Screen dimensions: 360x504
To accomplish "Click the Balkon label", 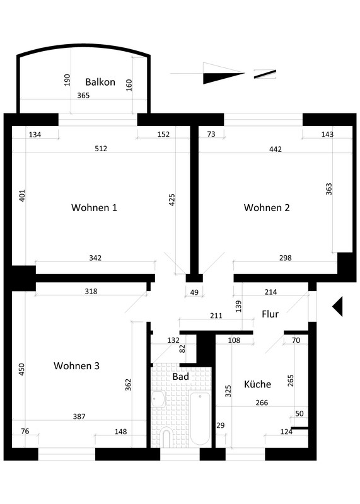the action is (x=100, y=82).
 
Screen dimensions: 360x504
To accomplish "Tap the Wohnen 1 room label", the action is (x=94, y=207).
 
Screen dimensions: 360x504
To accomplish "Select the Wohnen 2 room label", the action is (x=267, y=207).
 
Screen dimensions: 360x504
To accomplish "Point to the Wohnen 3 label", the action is (x=76, y=365).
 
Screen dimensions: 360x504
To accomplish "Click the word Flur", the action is (x=270, y=314).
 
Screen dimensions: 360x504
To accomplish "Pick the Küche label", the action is (x=257, y=384).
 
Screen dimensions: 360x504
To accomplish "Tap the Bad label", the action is (x=180, y=376).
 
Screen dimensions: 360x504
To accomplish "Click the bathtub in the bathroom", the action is (x=200, y=418).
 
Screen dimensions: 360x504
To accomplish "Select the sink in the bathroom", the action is (x=158, y=399).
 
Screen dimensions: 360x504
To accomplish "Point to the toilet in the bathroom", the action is (x=166, y=437).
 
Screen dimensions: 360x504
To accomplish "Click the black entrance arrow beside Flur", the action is (x=337, y=306).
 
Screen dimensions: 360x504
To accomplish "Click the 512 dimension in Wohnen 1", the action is (x=101, y=149).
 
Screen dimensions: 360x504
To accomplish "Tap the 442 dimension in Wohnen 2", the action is (x=276, y=149).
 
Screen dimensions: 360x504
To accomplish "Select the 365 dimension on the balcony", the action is (x=83, y=96).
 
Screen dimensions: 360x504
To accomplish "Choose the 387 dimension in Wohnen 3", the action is (x=79, y=416).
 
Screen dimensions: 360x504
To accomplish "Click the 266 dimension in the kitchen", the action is (x=262, y=403).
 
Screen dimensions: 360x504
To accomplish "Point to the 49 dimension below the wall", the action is (x=194, y=292).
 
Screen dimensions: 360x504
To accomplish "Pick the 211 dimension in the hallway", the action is (x=216, y=316).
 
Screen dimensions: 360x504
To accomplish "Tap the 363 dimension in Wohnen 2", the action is (x=329, y=189).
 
